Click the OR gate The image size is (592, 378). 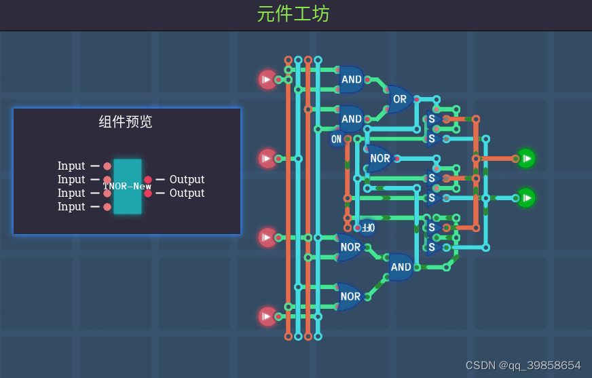tap(400, 99)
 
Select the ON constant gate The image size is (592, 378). tap(337, 139)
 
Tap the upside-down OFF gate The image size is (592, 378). tap(366, 227)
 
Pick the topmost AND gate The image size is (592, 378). tap(352, 79)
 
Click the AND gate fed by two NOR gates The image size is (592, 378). tap(401, 267)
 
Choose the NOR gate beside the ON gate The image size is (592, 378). tap(380, 159)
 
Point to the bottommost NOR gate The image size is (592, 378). tap(350, 297)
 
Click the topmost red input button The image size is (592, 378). tap(267, 79)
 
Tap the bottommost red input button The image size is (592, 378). tap(267, 316)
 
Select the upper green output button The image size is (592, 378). tap(525, 158)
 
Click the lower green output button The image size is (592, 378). tap(525, 198)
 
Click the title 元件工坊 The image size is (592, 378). tap(293, 14)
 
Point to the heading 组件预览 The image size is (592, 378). tap(126, 122)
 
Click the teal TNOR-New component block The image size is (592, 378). tap(128, 187)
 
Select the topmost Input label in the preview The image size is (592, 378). tap(71, 166)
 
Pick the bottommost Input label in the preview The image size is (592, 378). tap(71, 207)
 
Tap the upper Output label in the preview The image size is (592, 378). tap(187, 180)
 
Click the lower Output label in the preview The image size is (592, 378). tap(187, 193)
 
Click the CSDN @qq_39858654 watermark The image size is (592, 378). tap(523, 365)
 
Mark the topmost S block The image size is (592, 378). tap(432, 119)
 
